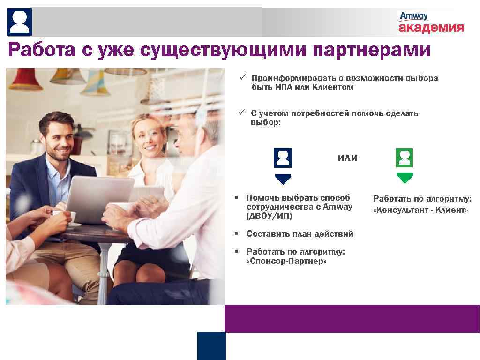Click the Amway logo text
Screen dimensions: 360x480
[413, 16]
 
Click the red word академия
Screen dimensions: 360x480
[431, 28]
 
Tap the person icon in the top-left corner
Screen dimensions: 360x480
[20, 22]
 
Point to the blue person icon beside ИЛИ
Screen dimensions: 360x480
[283, 158]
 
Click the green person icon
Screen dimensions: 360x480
[404, 158]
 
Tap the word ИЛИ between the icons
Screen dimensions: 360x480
[347, 158]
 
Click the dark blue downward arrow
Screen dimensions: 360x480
[283, 179]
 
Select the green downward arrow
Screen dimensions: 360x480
[404, 178]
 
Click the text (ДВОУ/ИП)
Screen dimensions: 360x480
[269, 216]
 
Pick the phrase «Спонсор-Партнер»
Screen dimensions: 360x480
[286, 261]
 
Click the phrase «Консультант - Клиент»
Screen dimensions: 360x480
[420, 210]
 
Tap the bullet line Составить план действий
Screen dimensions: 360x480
[300, 234]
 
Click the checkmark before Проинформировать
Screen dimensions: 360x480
[242, 77]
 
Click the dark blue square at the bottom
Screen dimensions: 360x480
[211, 346]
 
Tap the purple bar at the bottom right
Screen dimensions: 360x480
[352, 318]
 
